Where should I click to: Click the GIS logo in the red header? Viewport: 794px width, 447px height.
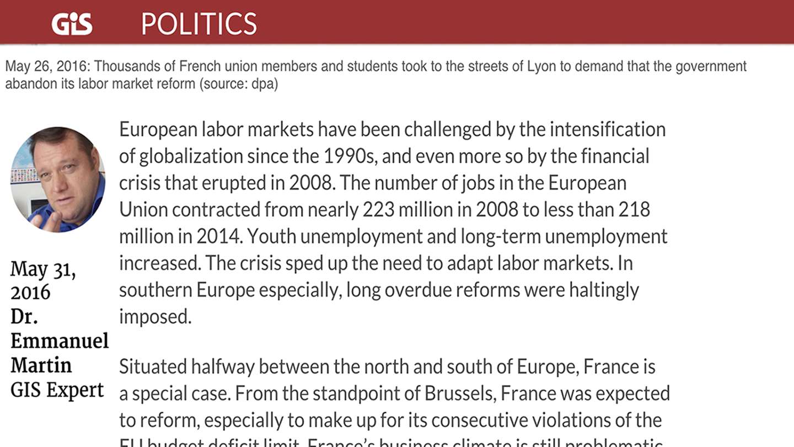pos(72,24)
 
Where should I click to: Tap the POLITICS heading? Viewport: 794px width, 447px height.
pos(198,24)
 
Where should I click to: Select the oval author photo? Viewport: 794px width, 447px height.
pos(57,179)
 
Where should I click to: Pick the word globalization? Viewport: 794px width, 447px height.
pos(191,156)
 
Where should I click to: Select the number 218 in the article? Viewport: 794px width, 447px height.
pos(634,210)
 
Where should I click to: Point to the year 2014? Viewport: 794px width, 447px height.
pos(218,236)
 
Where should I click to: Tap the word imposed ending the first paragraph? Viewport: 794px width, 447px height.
pos(154,317)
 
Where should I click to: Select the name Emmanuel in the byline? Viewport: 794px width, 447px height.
pos(60,340)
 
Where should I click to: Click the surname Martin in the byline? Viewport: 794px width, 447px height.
pos(41,365)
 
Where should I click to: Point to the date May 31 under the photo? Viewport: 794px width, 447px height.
pos(43,269)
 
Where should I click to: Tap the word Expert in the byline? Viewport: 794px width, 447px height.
pos(75,390)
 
